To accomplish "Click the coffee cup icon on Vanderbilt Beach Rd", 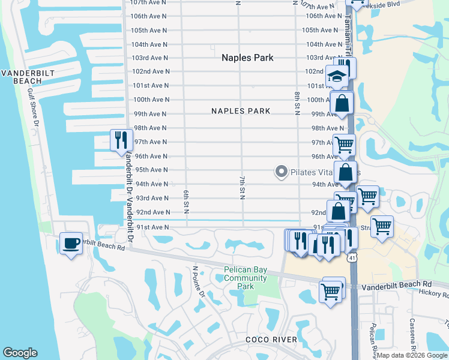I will (x=71, y=243).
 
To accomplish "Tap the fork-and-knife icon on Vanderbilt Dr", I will (x=121, y=140).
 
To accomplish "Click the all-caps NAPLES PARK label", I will (x=241, y=111).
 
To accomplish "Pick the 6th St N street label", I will (x=187, y=202).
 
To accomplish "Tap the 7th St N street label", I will (x=243, y=188).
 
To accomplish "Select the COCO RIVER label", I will (x=271, y=340).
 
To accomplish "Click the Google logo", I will (x=20, y=353).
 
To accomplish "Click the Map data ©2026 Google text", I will (x=412, y=356).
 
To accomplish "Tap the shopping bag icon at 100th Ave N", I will (x=342, y=103).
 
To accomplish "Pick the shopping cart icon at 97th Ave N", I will (x=344, y=144).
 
